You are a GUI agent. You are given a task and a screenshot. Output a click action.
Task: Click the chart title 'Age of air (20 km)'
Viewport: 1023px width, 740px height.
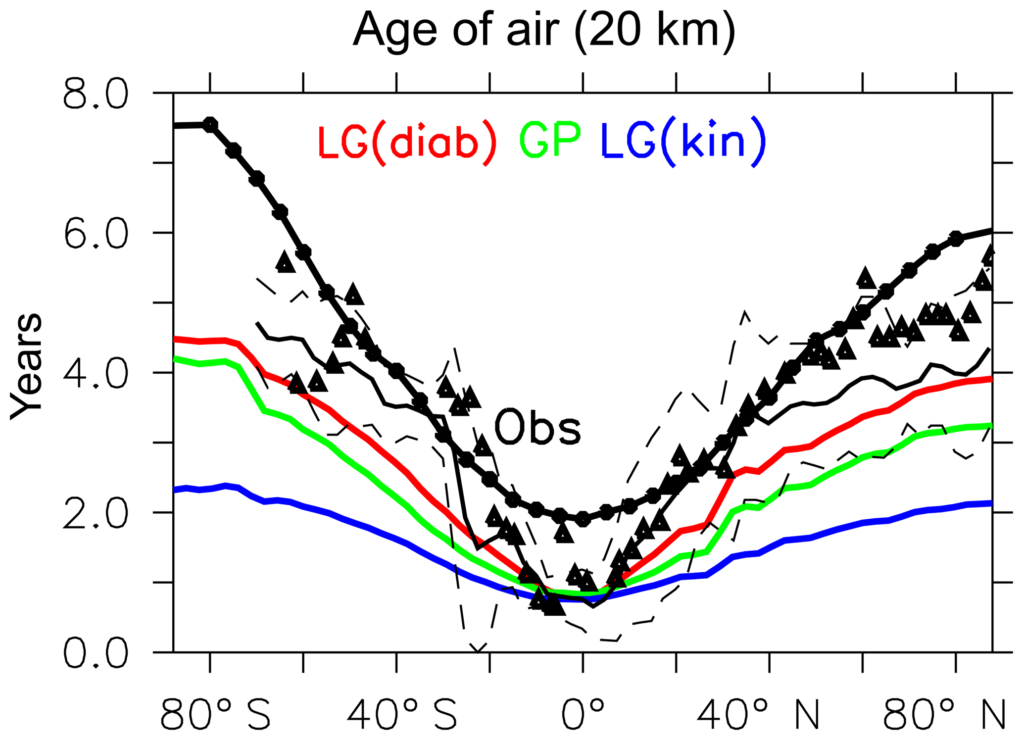coord(544,31)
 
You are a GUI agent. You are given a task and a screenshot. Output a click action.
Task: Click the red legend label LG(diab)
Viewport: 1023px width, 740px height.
coord(406,142)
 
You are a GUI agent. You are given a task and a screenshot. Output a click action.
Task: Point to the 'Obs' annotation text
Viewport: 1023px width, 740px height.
coord(537,427)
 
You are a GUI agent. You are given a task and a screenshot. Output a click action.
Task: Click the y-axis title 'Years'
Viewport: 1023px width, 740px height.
coord(27,366)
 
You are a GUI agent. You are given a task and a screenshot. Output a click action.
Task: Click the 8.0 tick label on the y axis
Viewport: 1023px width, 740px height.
coord(96,95)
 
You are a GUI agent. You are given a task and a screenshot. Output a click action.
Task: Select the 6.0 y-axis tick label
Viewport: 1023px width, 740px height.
coord(96,234)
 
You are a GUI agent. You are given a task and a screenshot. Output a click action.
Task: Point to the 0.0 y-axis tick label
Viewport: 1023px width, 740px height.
coord(96,653)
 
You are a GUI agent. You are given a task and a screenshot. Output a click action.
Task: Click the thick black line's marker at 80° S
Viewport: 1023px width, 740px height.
coord(210,124)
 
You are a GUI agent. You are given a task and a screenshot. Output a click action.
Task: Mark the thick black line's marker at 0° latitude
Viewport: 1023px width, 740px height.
coord(583,519)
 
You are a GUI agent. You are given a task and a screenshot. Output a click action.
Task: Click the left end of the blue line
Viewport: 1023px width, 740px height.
coord(174,490)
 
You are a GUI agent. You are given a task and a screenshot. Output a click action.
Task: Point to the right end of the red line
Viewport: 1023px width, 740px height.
coord(991,379)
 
